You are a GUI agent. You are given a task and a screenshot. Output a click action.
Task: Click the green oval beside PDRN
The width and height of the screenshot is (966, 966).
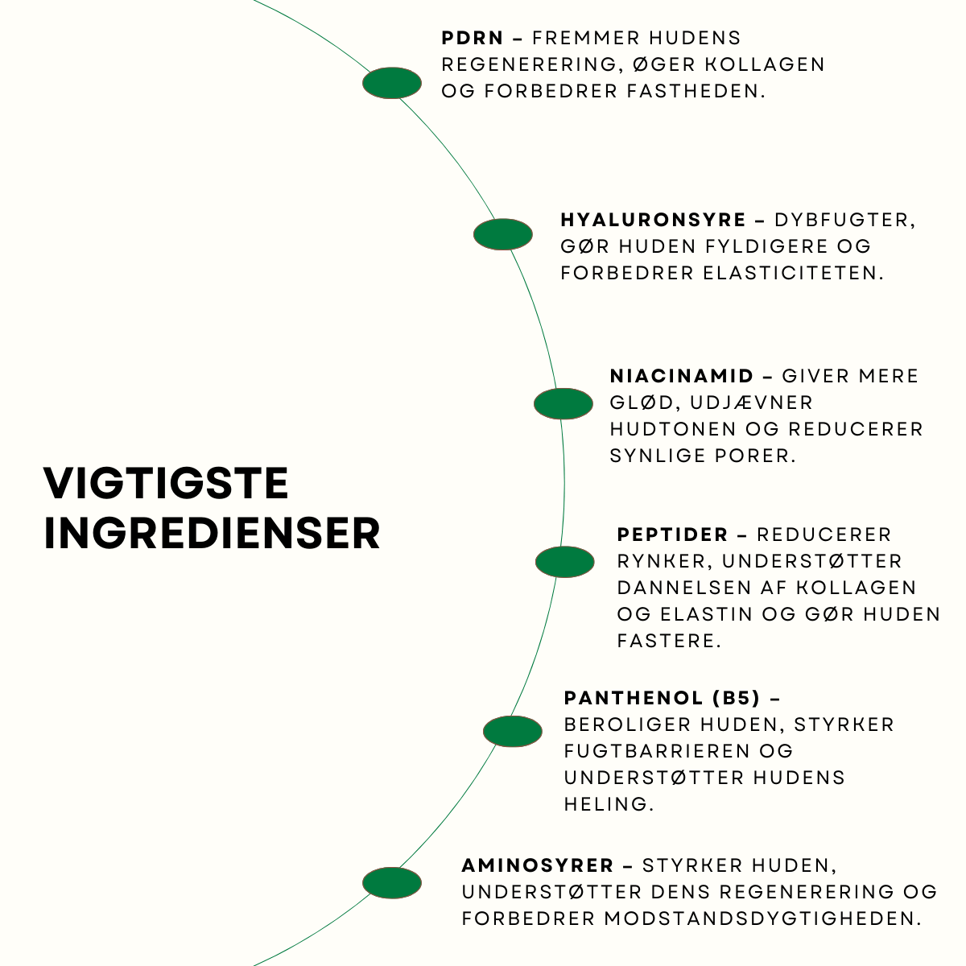[x=392, y=83]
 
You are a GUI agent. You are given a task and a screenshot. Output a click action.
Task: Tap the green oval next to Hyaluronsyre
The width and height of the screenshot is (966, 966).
[x=503, y=234]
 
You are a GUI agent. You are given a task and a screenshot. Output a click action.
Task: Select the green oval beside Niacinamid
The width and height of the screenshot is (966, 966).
[x=563, y=404]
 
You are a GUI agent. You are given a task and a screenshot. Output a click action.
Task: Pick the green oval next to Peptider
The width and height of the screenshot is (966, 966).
[x=565, y=562]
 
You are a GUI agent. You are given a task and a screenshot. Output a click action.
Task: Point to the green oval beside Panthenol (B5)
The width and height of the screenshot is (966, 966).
[x=513, y=732]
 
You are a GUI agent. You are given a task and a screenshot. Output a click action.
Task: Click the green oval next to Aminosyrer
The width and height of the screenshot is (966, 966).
[x=392, y=883]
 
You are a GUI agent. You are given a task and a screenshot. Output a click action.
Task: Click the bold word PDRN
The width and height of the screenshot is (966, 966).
[x=473, y=38]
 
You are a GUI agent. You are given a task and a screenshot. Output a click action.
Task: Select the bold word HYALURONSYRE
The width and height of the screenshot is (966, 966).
[x=654, y=220]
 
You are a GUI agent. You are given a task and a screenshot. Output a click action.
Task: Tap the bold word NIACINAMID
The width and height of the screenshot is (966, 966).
[x=682, y=376]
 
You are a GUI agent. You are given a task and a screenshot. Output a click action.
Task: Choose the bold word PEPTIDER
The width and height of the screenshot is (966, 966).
[x=672, y=535]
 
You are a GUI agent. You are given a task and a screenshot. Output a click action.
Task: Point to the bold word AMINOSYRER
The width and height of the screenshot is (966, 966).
[x=538, y=866]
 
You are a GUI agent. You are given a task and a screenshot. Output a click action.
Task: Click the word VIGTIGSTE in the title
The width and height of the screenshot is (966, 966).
[x=166, y=484]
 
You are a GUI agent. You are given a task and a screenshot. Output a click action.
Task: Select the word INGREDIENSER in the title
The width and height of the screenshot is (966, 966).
[x=212, y=534]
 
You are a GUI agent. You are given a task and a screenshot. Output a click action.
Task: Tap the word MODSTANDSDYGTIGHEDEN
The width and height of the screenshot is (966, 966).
[x=762, y=919]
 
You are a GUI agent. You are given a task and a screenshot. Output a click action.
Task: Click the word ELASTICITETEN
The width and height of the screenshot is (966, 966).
[x=793, y=273]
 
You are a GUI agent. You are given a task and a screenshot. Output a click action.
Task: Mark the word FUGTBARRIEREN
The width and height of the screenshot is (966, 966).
[x=658, y=751]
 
